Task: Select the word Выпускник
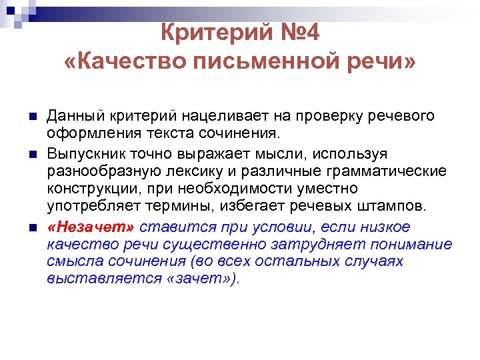83,154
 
